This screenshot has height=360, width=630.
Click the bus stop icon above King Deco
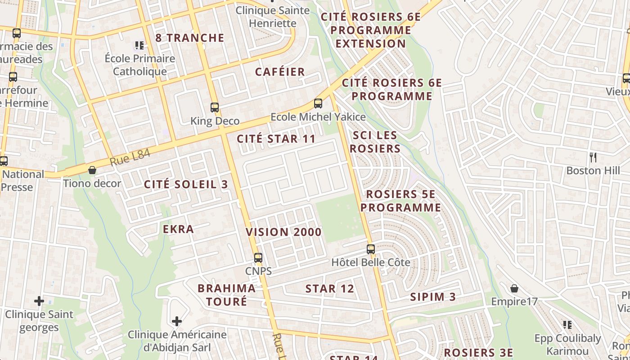pos(215,108)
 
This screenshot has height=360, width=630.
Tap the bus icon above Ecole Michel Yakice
pos(318,103)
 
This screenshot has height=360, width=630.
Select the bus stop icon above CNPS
pos(258,258)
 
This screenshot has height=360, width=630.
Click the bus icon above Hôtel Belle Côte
pos(371,249)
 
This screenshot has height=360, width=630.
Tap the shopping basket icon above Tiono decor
pos(92,170)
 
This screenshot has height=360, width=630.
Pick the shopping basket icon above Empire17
pos(514,288)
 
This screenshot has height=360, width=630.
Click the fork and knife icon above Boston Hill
pos(593,157)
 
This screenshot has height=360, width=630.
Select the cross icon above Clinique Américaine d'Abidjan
pos(177,321)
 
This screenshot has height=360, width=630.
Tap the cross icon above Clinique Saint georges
pos(39,301)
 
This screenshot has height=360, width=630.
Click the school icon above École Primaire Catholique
pos(139,45)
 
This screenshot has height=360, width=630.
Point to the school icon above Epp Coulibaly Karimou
pos(567,324)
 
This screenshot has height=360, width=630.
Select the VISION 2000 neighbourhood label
pos(283,232)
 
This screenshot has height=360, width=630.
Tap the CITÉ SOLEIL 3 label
pos(186,184)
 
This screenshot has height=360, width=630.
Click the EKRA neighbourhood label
pos(178,229)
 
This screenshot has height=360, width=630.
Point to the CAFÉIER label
pos(280,72)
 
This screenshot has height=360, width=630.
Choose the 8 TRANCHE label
pos(189,38)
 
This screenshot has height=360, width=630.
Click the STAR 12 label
pos(330,289)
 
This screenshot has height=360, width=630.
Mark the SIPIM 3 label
pos(433,297)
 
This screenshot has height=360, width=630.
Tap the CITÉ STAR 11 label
pos(276,139)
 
